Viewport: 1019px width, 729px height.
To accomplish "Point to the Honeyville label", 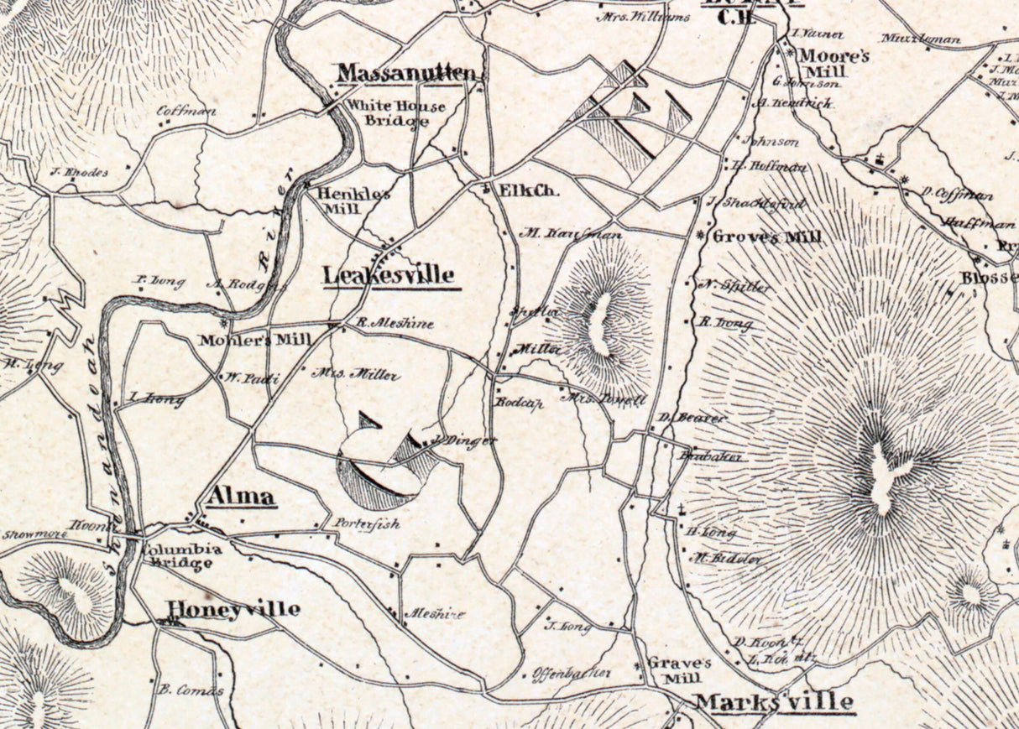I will point(233,609).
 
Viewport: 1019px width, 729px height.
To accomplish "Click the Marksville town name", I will point(775,701).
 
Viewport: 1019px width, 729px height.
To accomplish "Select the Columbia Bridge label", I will point(181,556).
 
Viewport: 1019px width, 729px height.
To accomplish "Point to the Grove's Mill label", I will point(766,237).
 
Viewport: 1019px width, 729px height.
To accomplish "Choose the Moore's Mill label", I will point(833,64).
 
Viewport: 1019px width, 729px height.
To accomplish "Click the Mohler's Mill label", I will point(255,340).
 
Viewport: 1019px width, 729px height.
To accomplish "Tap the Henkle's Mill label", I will point(353,200).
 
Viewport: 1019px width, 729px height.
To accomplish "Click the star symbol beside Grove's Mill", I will point(701,236).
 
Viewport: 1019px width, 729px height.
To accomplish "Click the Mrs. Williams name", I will point(643,16).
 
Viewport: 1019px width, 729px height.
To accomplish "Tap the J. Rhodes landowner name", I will point(79,172).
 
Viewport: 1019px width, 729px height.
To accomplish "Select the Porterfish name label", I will point(367,523).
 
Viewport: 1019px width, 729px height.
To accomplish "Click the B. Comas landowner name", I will point(191,690).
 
